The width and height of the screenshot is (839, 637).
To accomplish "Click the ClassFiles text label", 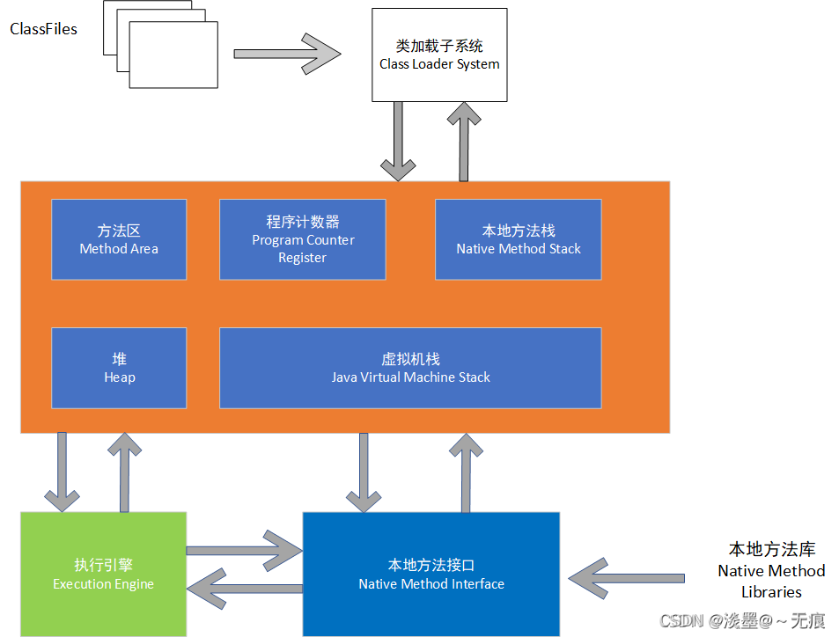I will [x=43, y=30].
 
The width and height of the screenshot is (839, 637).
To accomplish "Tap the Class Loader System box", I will [x=439, y=55].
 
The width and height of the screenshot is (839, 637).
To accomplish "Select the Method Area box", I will [x=119, y=239].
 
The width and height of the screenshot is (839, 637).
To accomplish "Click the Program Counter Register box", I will [x=302, y=239].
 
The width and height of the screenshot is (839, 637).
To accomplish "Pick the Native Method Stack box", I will [x=518, y=239].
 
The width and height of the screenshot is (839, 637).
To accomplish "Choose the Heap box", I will [x=119, y=368].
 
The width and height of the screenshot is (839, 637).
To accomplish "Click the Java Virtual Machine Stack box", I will [x=410, y=368].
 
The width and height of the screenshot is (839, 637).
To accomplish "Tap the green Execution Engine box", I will [x=103, y=574].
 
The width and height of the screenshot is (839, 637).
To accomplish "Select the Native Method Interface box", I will [x=431, y=574].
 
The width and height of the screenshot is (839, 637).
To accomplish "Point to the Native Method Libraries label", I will [x=771, y=570].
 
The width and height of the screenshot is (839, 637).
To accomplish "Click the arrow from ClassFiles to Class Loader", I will [x=287, y=53].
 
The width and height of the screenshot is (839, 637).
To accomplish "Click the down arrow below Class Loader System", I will [x=398, y=141].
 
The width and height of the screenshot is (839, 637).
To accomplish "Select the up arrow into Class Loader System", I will [x=460, y=141].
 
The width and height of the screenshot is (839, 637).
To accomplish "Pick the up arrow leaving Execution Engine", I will [x=124, y=472].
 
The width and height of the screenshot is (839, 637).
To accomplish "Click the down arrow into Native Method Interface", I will [x=364, y=472].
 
